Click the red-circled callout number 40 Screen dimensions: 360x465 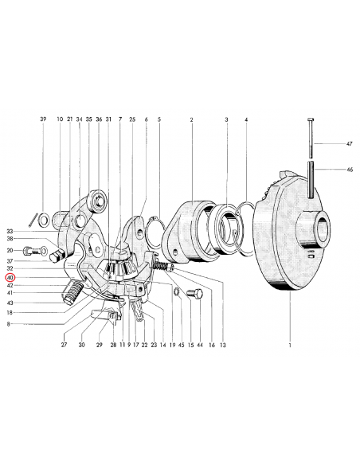click(10, 278)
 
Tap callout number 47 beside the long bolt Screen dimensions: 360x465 click(350, 144)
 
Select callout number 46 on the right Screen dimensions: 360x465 click(350, 170)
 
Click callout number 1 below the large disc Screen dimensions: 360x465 click(290, 345)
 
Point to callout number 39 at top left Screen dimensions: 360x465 click(43, 119)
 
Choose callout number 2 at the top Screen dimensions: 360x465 click(192, 119)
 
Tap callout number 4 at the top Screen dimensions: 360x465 click(246, 119)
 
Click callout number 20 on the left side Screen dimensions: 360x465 click(10, 251)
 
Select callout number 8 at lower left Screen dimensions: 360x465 click(8, 324)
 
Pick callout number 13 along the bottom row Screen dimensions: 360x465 click(223, 345)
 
